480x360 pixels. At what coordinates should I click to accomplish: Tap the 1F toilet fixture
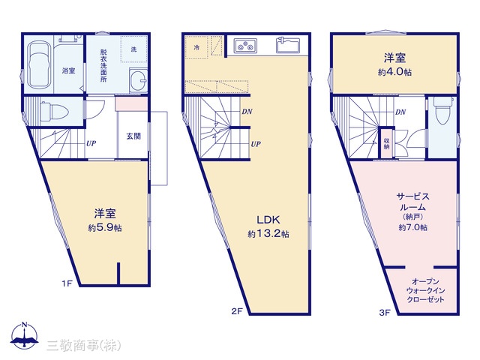coord(54,111)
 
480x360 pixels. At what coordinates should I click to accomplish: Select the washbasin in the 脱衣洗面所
coord(139,79)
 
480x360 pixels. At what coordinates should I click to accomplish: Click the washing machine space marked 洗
coord(134,49)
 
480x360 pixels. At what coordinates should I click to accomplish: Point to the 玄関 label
coord(133,136)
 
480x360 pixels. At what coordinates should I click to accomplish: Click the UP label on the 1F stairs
coord(91,143)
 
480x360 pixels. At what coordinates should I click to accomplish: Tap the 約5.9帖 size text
coord(105,228)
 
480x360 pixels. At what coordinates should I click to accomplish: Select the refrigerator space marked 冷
coord(196,47)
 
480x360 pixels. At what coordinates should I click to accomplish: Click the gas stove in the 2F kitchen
coord(246,46)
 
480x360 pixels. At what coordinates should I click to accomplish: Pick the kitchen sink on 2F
coord(288,45)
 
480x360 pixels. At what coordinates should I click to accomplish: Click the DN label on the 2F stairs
coord(247,112)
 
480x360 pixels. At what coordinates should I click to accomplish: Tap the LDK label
coord(268,220)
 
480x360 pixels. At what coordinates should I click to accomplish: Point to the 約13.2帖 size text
coord(268,234)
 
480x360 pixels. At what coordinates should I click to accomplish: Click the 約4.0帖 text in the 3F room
coord(395,72)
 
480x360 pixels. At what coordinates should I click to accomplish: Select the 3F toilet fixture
coord(443,110)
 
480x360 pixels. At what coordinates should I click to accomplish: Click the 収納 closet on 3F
coord(386,142)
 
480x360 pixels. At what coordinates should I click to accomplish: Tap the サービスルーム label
coord(413,202)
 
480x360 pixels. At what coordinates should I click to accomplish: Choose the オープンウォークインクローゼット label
coord(425,290)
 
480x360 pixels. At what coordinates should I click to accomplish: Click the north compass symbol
coord(25,336)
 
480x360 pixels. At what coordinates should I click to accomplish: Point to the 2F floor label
coord(237,311)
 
